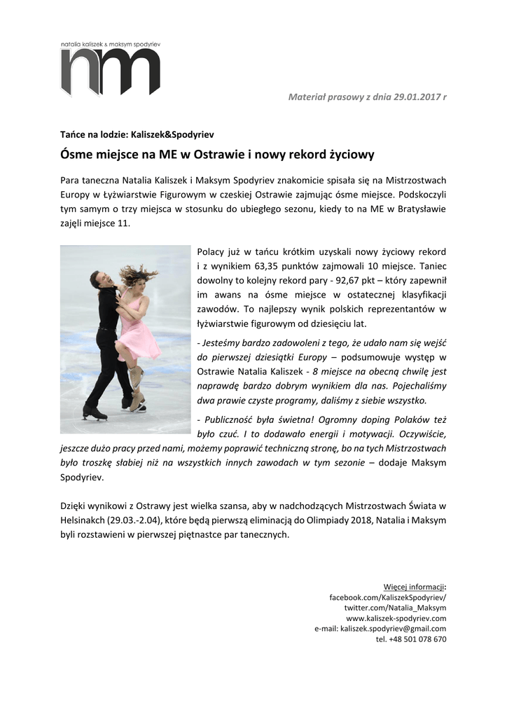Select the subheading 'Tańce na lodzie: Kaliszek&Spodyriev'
click(x=137, y=134)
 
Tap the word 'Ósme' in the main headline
click(x=76, y=153)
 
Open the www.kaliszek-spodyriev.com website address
click(x=396, y=618)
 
